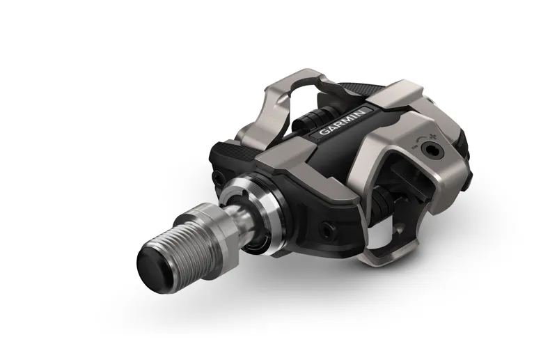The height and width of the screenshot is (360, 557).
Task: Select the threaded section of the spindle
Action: click(184, 240)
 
